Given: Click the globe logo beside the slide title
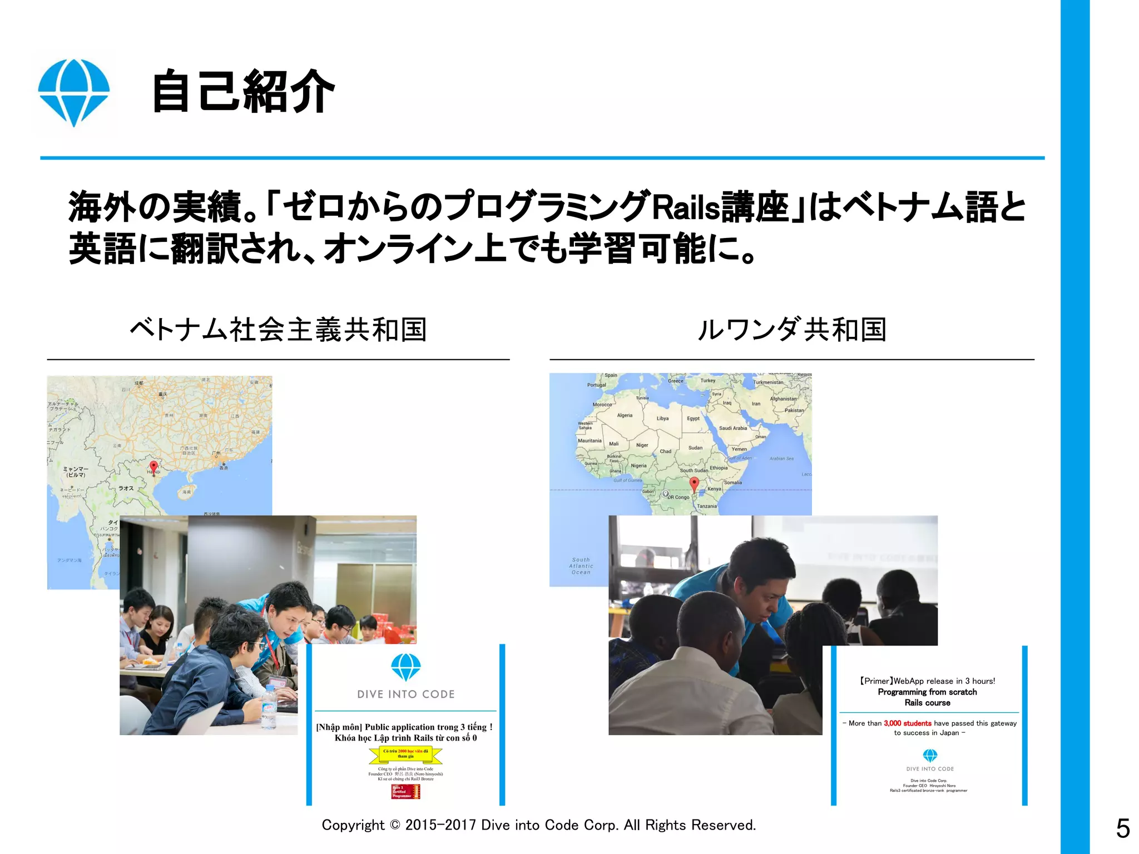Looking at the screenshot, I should click(73, 92).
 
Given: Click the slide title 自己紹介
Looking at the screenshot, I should click(243, 92).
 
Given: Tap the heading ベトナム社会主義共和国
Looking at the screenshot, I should click(278, 330).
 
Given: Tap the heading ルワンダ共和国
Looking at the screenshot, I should click(791, 330).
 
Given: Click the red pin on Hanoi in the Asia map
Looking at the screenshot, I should click(154, 467).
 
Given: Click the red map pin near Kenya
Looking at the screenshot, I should click(694, 483).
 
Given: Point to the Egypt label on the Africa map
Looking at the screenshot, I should click(693, 419).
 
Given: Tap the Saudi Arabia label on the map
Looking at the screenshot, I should click(732, 428).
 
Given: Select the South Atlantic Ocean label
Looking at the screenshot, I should click(581, 566).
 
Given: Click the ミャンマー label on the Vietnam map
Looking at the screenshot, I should click(76, 471).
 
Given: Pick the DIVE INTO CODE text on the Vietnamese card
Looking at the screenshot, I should click(405, 694).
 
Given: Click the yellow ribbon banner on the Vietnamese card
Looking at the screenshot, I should click(405, 754).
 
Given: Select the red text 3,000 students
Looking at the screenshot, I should click(907, 723).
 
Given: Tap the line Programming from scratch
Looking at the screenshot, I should click(927, 692).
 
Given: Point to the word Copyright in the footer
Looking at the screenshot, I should click(353, 825).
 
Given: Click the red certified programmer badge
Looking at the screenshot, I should click(405, 792).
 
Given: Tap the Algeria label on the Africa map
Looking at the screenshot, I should click(625, 415).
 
